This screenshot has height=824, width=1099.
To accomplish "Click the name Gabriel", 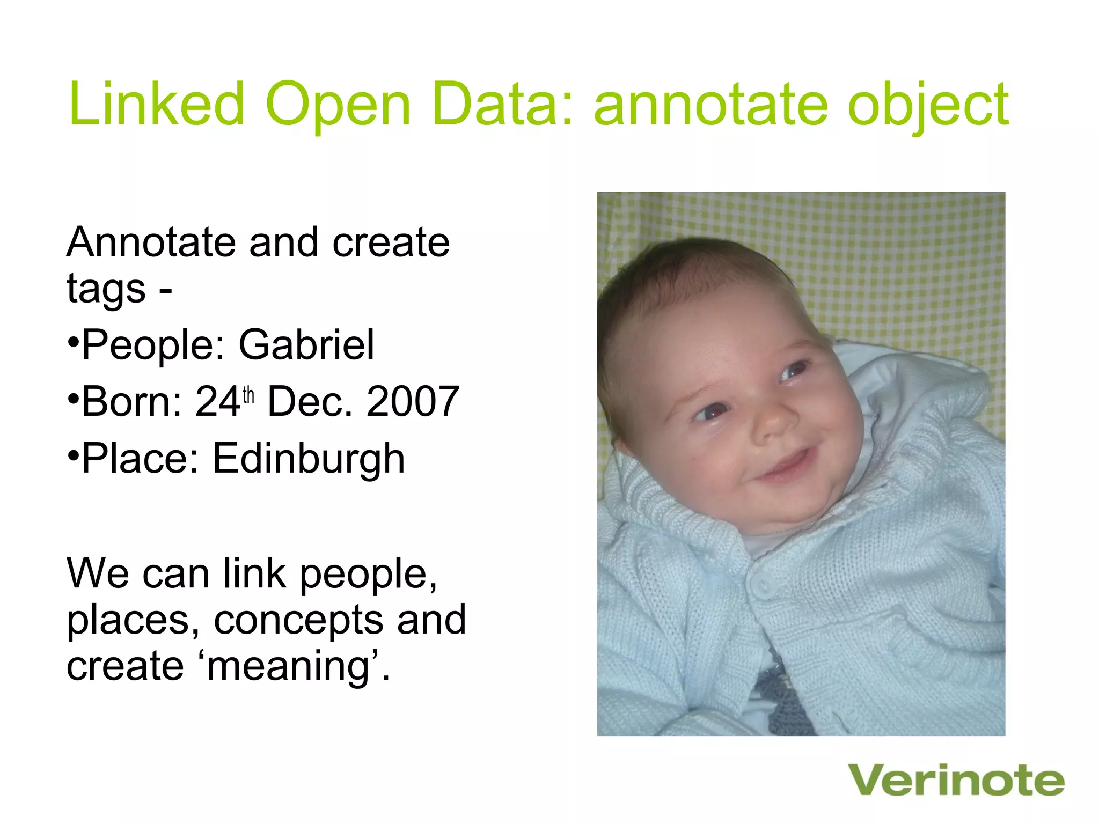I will pyautogui.click(x=306, y=344).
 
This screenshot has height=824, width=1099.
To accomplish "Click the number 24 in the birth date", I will pyautogui.click(x=217, y=401).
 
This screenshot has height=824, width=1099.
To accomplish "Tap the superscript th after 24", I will pyautogui.click(x=248, y=395).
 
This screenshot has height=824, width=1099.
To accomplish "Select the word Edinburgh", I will pyautogui.click(x=309, y=459).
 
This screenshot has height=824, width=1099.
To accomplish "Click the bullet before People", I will pyautogui.click(x=74, y=341).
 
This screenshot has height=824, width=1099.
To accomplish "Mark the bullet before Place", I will pyautogui.click(x=74, y=455).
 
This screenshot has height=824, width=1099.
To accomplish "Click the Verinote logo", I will pyautogui.click(x=956, y=781).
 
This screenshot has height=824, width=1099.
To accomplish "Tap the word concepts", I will pyautogui.click(x=298, y=620).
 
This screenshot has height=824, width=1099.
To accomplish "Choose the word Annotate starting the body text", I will pyautogui.click(x=151, y=242).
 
